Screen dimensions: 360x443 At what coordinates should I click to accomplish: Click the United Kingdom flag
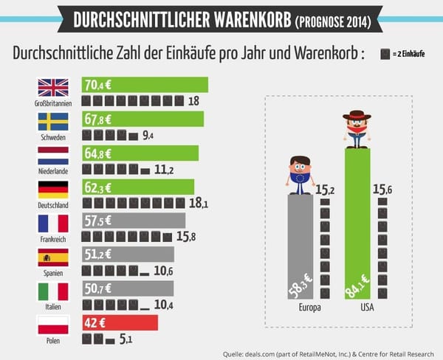click(53, 88)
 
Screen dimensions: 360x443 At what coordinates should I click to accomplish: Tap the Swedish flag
click(53, 121)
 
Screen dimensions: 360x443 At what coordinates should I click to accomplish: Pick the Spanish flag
click(53, 257)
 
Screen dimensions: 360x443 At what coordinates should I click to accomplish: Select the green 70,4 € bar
click(145, 85)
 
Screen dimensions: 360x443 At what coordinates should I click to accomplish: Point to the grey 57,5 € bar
click(133, 221)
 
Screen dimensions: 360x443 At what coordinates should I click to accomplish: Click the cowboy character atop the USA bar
click(357, 129)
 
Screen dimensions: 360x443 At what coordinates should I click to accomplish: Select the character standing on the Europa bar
click(299, 174)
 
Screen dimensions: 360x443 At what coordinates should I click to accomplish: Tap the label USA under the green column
click(357, 307)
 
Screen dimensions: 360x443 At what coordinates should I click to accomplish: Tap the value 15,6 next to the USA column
click(382, 190)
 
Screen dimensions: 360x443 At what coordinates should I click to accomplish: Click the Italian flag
click(53, 291)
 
